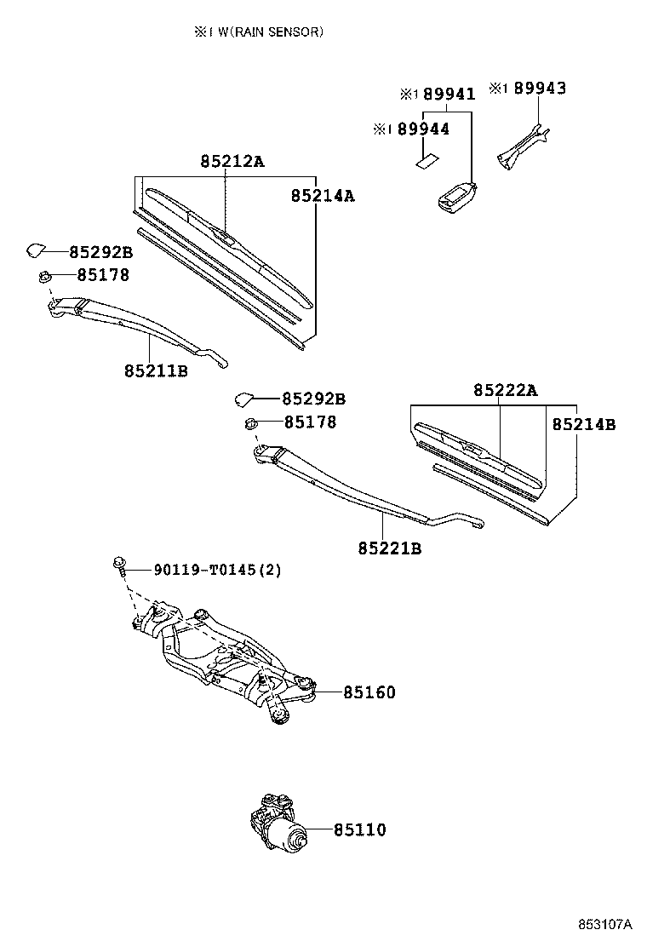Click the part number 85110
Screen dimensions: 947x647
click(359, 829)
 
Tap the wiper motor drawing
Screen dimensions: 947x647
click(278, 824)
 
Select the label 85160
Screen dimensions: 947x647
click(369, 693)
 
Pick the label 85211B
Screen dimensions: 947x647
click(156, 371)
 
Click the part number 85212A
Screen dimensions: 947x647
click(232, 161)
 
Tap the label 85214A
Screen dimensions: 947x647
click(323, 196)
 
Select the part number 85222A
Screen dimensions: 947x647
click(506, 390)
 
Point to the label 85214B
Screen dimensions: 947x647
click(583, 424)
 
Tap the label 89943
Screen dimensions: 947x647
click(539, 88)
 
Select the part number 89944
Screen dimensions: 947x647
click(423, 129)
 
